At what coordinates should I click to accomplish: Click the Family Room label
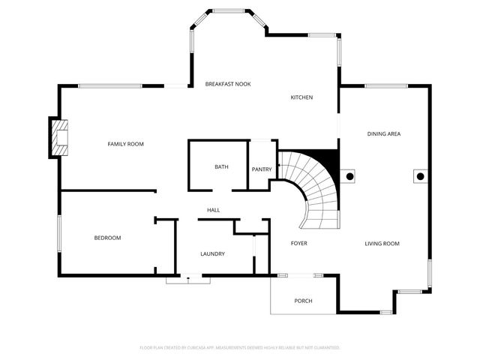[x=125, y=144]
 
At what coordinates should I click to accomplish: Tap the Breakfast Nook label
[x=228, y=84]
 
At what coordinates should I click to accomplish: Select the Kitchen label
[x=301, y=97]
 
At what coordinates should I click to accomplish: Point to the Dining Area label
[x=383, y=134]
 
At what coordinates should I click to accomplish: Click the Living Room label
[x=382, y=244]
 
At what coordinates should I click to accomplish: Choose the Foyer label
[x=298, y=243]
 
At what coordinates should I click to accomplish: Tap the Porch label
[x=303, y=301]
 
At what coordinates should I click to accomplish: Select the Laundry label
[x=212, y=253]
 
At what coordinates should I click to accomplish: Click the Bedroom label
[x=107, y=238]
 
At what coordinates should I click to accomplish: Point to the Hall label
[x=213, y=210]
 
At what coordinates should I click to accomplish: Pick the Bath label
[x=221, y=167]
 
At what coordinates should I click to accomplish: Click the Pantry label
[x=262, y=169]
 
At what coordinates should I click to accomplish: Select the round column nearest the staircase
[x=349, y=177]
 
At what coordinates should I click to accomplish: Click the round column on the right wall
[x=420, y=176]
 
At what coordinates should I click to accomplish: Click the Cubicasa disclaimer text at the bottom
[x=240, y=348]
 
